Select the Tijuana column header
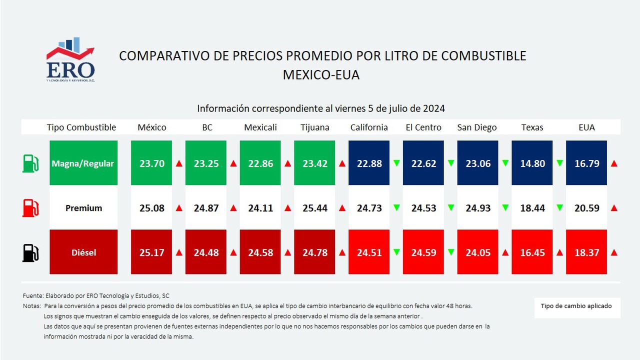coord(315,127)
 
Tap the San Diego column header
coord(477,127)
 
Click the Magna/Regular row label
coord(83,163)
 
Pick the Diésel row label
coord(83,252)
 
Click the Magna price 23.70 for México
coord(152,163)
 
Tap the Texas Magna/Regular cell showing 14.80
coord(532,163)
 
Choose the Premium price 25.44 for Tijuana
coord(315,208)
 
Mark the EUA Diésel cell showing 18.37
coord(586,252)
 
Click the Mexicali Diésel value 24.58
coord(260,252)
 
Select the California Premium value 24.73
coord(369,208)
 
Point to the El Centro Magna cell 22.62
coord(423,163)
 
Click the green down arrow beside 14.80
coord(559,163)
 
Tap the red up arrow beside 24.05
coord(505,252)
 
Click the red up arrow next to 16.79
coord(614,163)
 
